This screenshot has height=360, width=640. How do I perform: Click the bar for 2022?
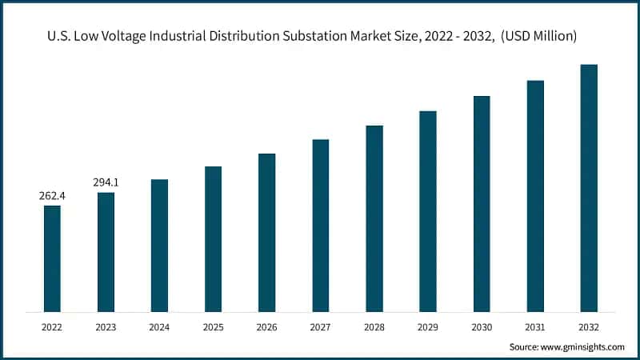[52, 258]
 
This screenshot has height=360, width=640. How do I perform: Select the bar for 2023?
[106, 252]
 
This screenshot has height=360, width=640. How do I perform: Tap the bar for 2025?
[213, 239]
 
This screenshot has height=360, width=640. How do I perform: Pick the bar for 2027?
[321, 226]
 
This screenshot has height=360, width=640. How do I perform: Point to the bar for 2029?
[428, 211]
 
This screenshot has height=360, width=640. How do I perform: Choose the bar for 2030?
[482, 204]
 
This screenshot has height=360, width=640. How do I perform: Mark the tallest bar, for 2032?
[589, 188]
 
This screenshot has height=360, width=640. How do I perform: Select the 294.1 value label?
[106, 182]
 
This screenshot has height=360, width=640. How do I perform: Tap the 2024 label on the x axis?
[159, 327]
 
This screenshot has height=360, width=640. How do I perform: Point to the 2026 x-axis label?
[266, 327]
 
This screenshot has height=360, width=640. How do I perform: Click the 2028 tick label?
[374, 327]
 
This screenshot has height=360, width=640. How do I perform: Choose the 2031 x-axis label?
[535, 327]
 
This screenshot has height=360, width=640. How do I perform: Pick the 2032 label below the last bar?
[589, 327]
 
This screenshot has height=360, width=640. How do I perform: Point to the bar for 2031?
[535, 196]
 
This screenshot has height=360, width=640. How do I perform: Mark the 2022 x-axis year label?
[52, 327]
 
